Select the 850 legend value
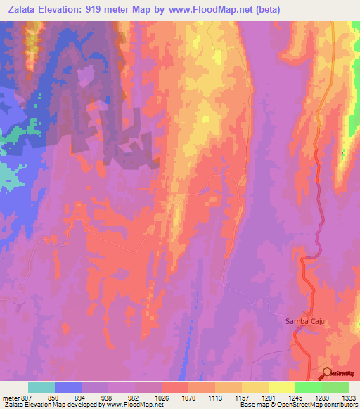(54, 397)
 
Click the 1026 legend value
(162, 397)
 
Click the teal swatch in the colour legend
(41, 387)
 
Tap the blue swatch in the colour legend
(68, 387)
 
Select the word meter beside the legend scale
(10, 397)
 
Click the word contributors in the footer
(340, 405)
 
